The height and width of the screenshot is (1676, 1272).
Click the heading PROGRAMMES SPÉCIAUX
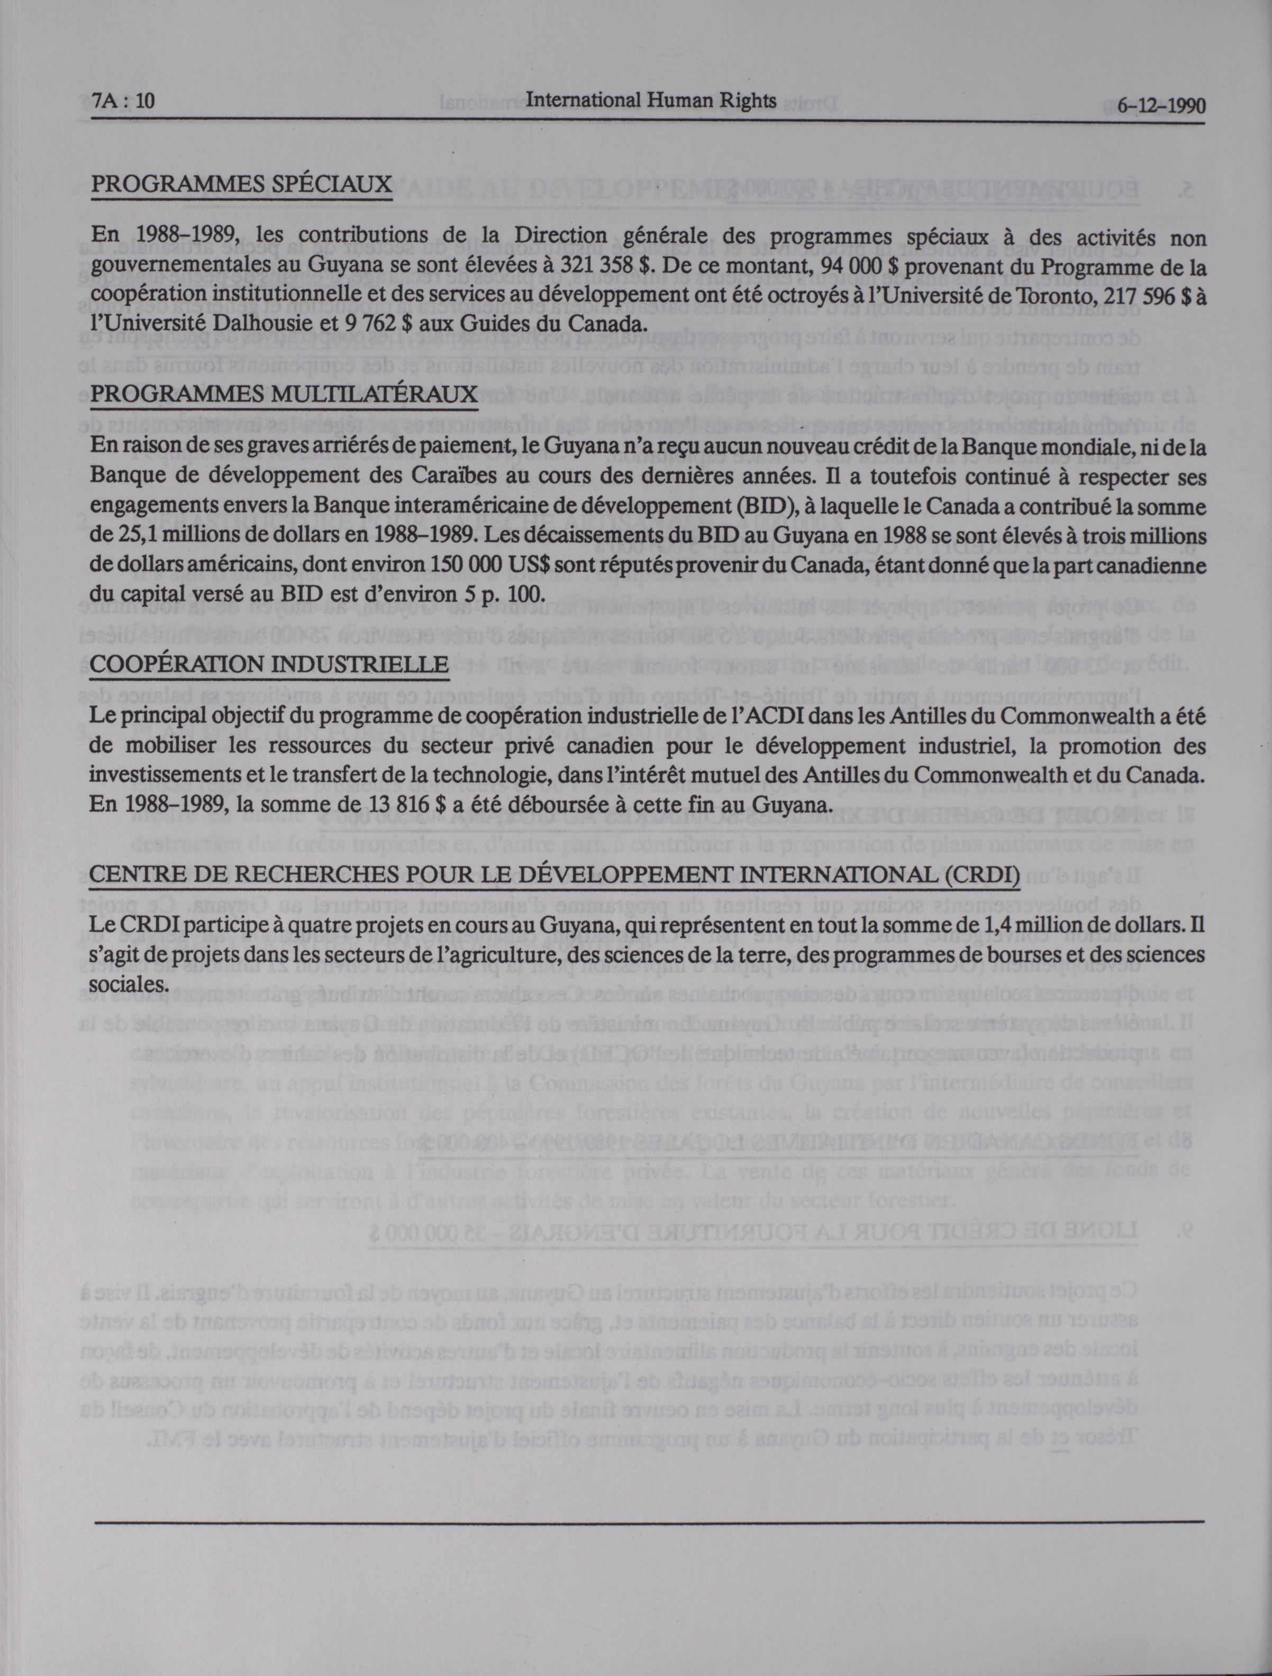242,184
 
